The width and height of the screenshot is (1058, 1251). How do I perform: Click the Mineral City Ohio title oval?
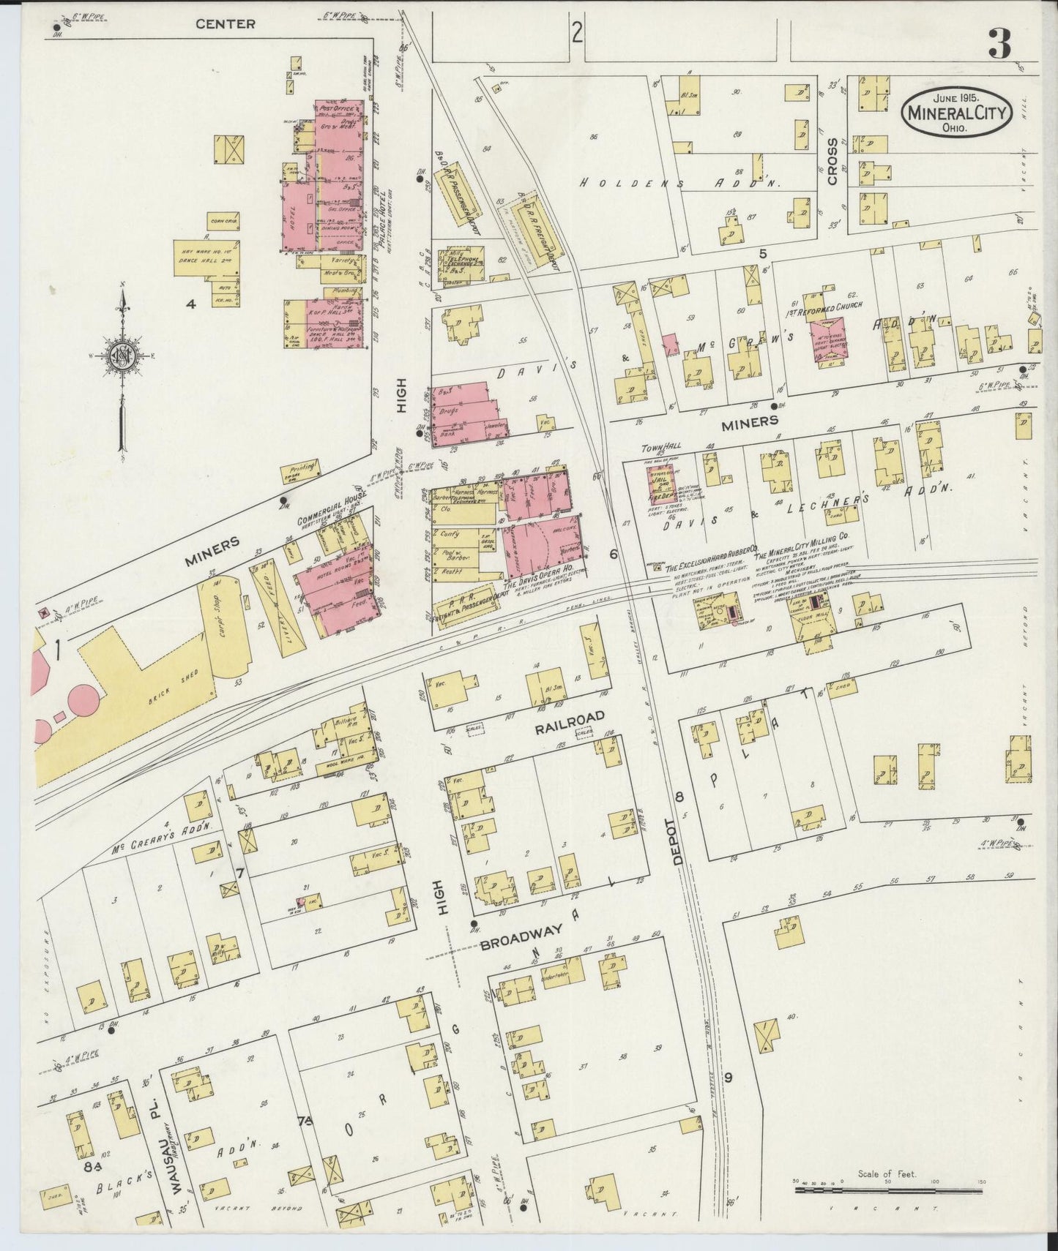957,112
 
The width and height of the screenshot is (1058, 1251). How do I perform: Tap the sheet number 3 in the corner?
999,44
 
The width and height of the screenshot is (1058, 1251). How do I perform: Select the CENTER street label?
225,24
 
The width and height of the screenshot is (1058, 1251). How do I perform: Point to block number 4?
190,305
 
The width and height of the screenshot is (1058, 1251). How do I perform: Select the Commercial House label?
331,510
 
